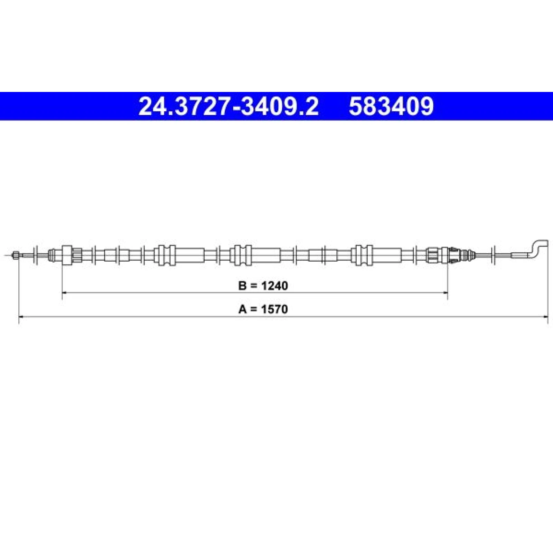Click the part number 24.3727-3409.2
pos(228,106)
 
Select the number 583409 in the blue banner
pos(391,106)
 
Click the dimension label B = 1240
pos(263,286)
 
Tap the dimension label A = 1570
pos(263,309)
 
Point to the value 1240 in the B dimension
pos(274,286)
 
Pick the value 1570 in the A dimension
pos(274,309)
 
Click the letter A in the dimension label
pos(242,309)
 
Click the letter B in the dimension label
pos(242,286)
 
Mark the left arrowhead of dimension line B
pos(65,293)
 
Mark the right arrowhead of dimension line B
pos(445,293)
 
